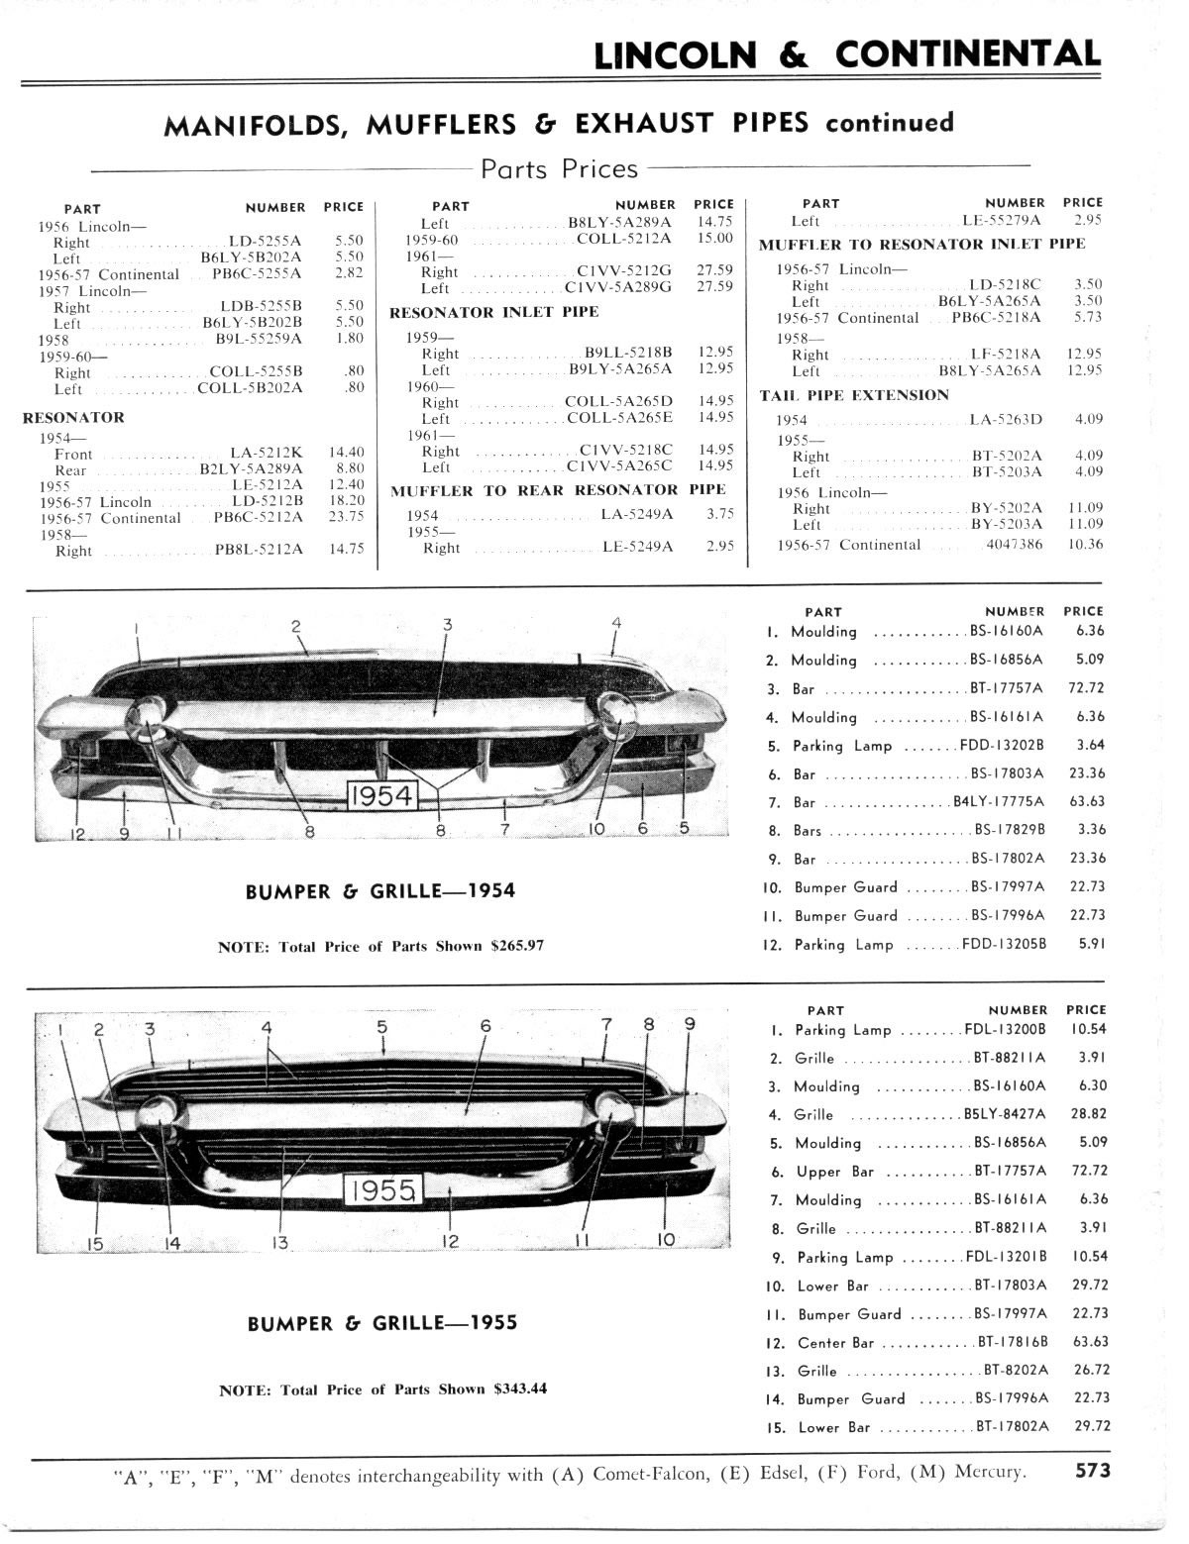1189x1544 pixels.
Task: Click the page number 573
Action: click(x=1093, y=1470)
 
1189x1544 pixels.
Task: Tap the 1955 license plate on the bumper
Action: click(x=381, y=1189)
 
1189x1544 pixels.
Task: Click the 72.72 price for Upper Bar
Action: click(x=1088, y=1171)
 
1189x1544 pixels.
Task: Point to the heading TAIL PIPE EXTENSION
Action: click(x=854, y=395)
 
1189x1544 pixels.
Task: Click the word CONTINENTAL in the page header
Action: click(x=967, y=54)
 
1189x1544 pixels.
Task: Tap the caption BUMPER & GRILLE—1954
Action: click(x=380, y=890)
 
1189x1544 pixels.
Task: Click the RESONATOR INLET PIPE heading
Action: click(x=494, y=313)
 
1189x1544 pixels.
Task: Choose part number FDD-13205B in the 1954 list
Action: click(x=1003, y=945)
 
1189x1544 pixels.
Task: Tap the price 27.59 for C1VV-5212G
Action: click(x=713, y=270)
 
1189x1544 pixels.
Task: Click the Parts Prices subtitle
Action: click(x=560, y=169)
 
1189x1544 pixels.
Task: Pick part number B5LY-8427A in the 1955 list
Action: click(x=1005, y=1114)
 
